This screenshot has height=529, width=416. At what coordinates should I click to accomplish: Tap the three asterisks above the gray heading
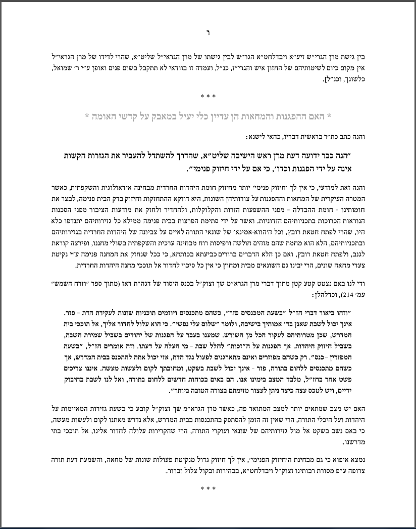[x=208, y=94]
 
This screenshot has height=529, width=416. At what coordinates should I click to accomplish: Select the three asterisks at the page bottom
[x=208, y=489]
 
